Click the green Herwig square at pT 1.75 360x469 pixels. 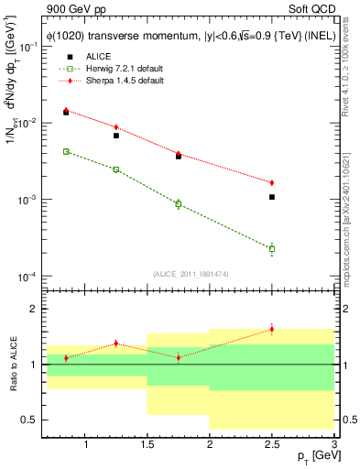point(179,204)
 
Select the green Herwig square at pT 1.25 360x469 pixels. point(115,169)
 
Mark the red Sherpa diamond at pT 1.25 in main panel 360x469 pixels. point(115,127)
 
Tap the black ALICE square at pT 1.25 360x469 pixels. point(115,136)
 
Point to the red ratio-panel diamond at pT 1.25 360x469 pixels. point(115,344)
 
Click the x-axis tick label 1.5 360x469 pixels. point(147,444)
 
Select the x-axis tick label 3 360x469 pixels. point(333,444)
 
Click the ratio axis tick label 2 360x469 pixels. point(34,310)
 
